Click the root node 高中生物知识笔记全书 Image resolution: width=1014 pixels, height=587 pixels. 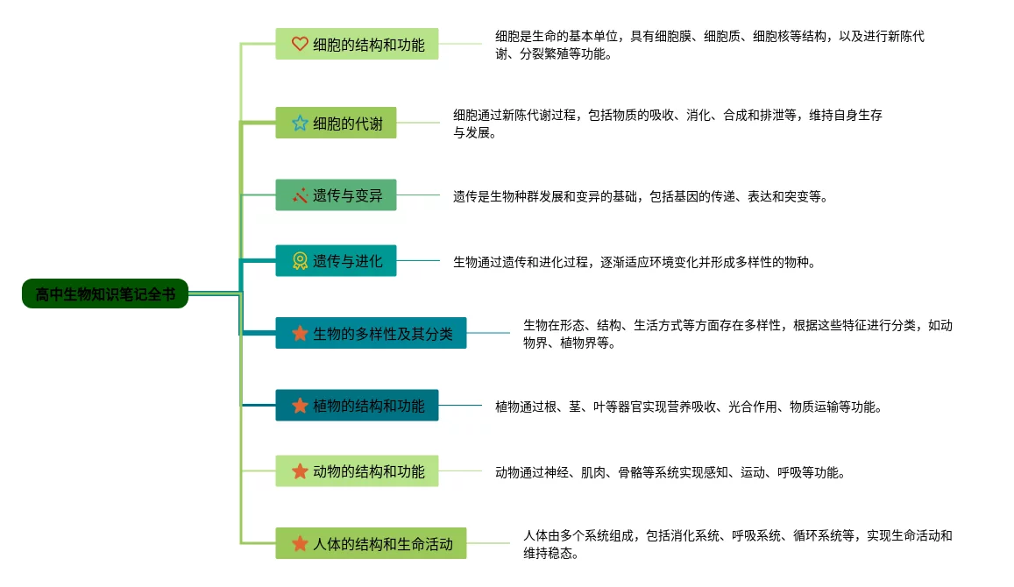coord(105,294)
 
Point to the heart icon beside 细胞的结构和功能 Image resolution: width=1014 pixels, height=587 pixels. coord(300,44)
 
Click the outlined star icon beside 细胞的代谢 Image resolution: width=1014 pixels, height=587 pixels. coord(300,124)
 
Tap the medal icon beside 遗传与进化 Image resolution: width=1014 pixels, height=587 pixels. coord(300,261)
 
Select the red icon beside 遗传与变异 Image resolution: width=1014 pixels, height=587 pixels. coord(300,195)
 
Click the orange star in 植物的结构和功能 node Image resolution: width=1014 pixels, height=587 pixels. coord(300,406)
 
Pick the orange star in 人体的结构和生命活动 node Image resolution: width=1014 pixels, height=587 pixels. coord(300,543)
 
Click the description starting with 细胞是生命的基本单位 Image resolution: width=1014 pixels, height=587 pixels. coord(710,45)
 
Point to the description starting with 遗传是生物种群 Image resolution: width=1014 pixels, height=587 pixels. coord(640,196)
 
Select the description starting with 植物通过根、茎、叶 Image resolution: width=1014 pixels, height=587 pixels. coord(688,407)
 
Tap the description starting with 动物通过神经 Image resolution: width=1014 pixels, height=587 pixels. coord(670,472)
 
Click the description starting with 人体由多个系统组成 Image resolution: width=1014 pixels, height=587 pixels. coord(737,544)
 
